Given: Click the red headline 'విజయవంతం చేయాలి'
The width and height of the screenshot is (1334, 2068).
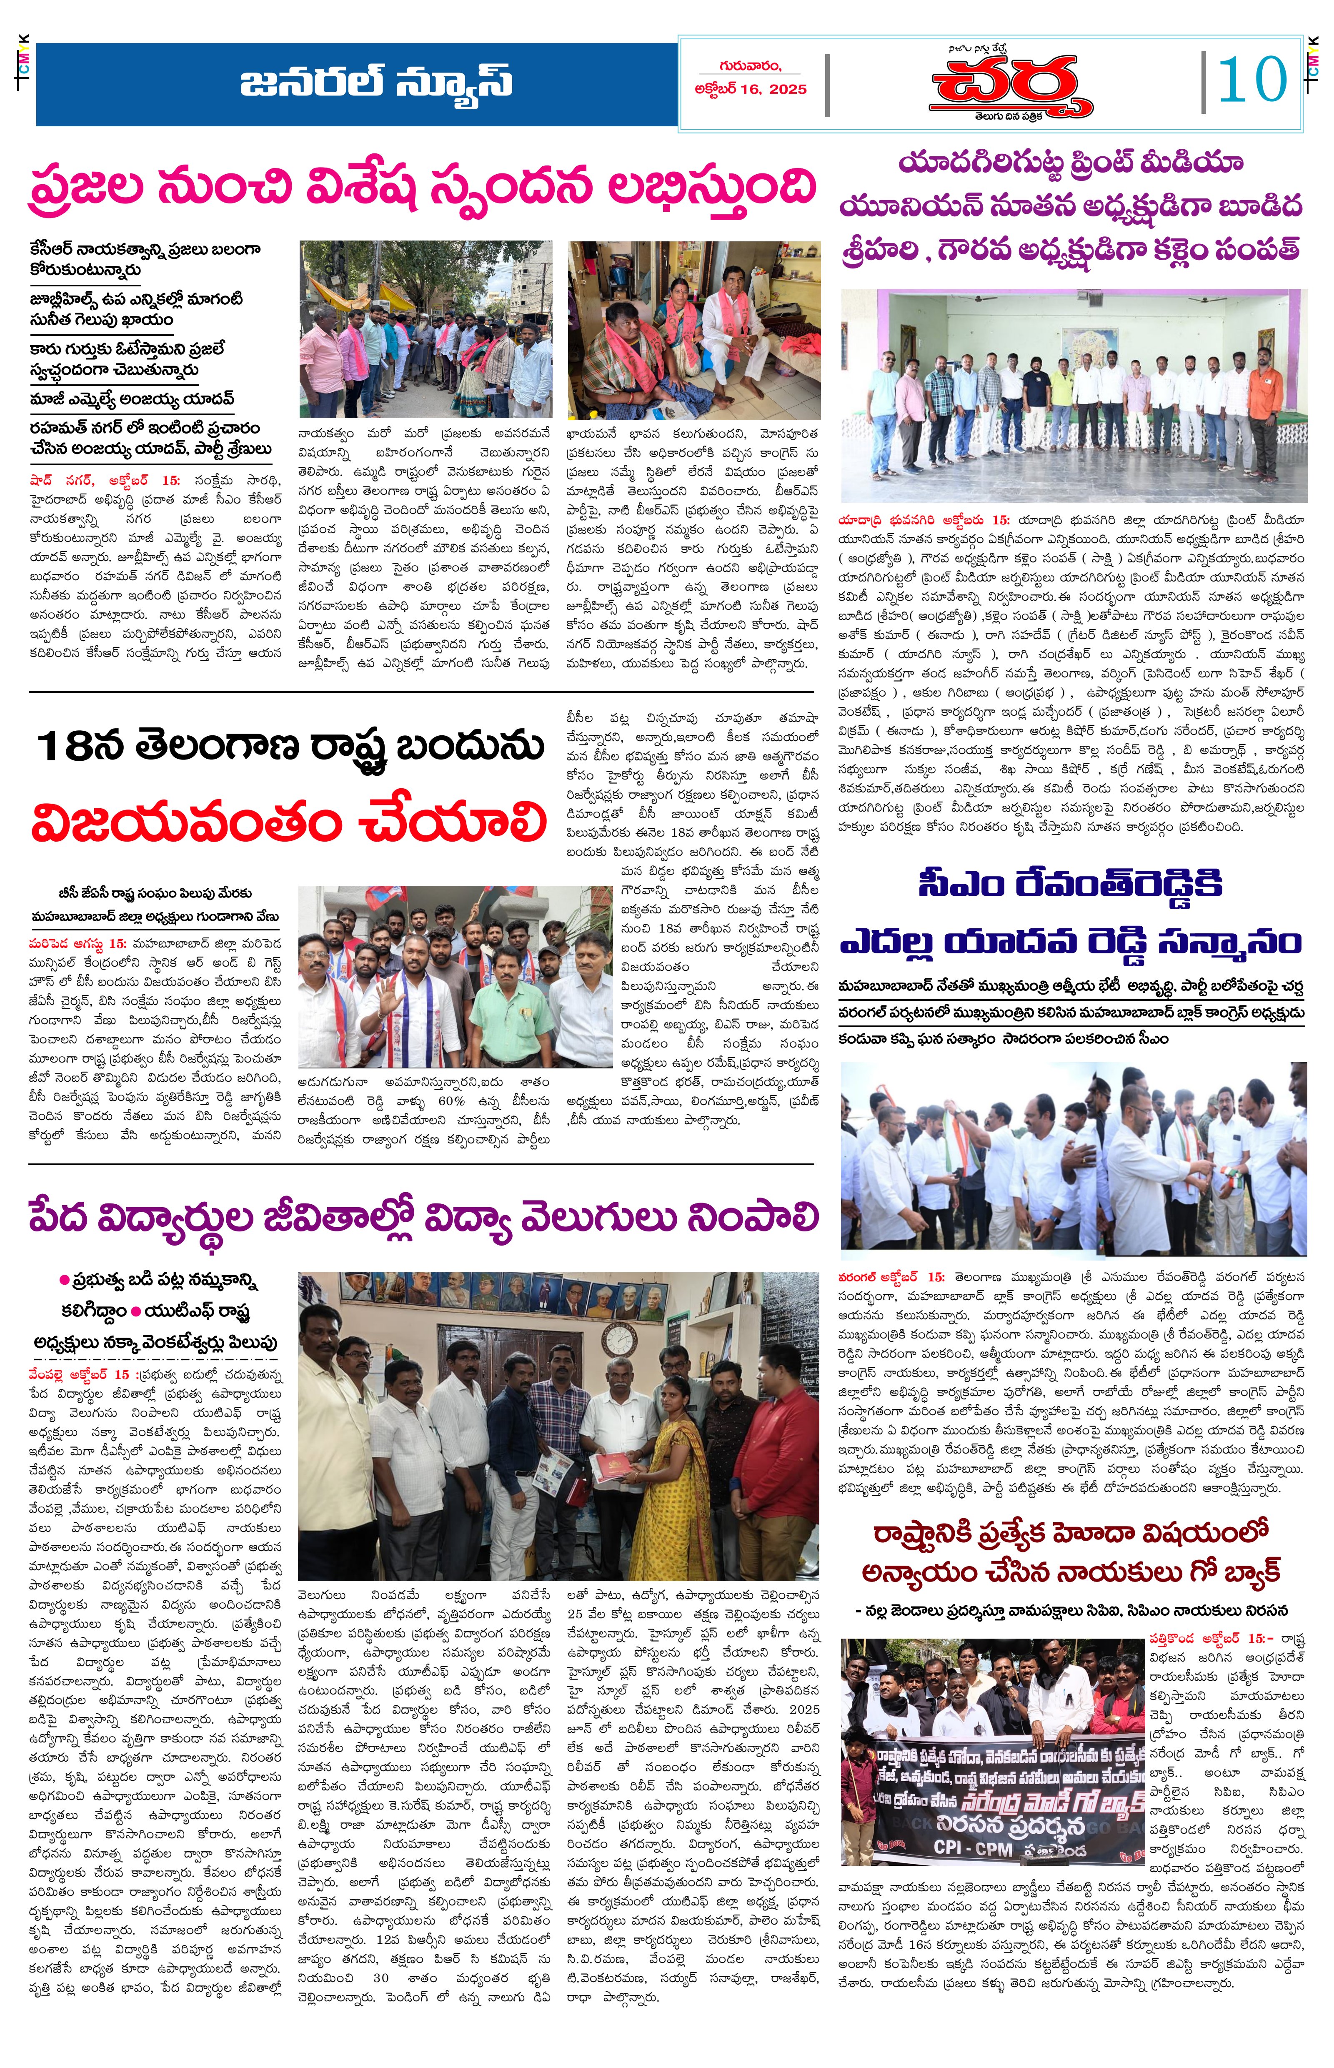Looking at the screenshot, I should click(288, 822).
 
